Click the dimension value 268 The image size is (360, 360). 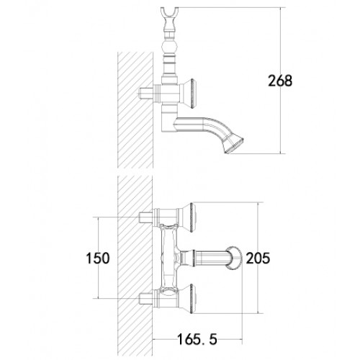[x=280, y=81]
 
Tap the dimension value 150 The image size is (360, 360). [x=98, y=258]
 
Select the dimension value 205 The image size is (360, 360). [x=258, y=258]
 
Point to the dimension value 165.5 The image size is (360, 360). [x=197, y=339]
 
